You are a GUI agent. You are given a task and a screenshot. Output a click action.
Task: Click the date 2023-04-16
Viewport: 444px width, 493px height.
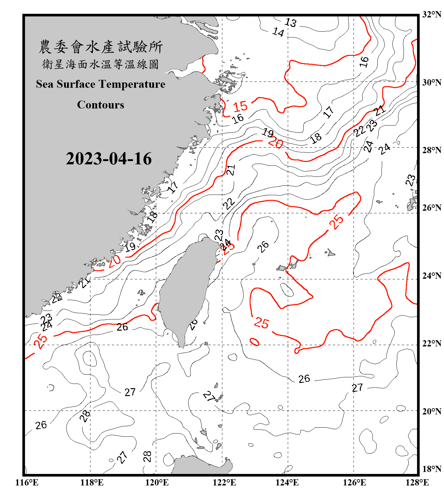tap(109, 159)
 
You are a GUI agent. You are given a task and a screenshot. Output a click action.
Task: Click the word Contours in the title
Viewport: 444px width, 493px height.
tap(101, 105)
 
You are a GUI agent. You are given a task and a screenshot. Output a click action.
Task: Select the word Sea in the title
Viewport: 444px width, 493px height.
tap(45, 84)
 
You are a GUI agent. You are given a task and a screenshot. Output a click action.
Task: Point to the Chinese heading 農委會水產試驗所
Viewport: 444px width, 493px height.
tap(101, 47)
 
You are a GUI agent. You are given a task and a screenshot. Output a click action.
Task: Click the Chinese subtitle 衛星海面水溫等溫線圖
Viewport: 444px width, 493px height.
tap(101, 64)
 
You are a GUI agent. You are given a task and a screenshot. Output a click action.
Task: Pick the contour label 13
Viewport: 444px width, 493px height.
tap(290, 23)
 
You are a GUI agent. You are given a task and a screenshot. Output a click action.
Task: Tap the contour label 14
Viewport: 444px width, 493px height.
tap(278, 32)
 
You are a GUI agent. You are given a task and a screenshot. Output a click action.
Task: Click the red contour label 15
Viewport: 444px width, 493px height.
tap(240, 106)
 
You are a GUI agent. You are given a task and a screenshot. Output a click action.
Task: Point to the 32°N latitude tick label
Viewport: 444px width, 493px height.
tap(432, 14)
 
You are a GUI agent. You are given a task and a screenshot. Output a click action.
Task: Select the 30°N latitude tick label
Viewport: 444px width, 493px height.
tap(432, 82)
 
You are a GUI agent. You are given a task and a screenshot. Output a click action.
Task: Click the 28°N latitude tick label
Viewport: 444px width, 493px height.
tap(432, 150)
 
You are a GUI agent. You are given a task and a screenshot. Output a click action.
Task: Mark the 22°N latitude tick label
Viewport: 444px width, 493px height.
tap(432, 343)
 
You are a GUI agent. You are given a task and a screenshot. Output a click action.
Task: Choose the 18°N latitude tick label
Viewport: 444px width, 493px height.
tap(432, 469)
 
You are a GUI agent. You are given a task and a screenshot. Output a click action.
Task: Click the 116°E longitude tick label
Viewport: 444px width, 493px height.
tap(27, 482)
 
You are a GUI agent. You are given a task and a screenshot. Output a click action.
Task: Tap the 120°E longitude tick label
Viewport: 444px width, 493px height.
tap(157, 482)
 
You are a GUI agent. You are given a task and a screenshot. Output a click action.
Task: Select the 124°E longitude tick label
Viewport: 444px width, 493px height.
tap(287, 482)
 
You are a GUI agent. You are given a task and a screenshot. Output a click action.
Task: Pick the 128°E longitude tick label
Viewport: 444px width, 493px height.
tap(417, 482)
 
